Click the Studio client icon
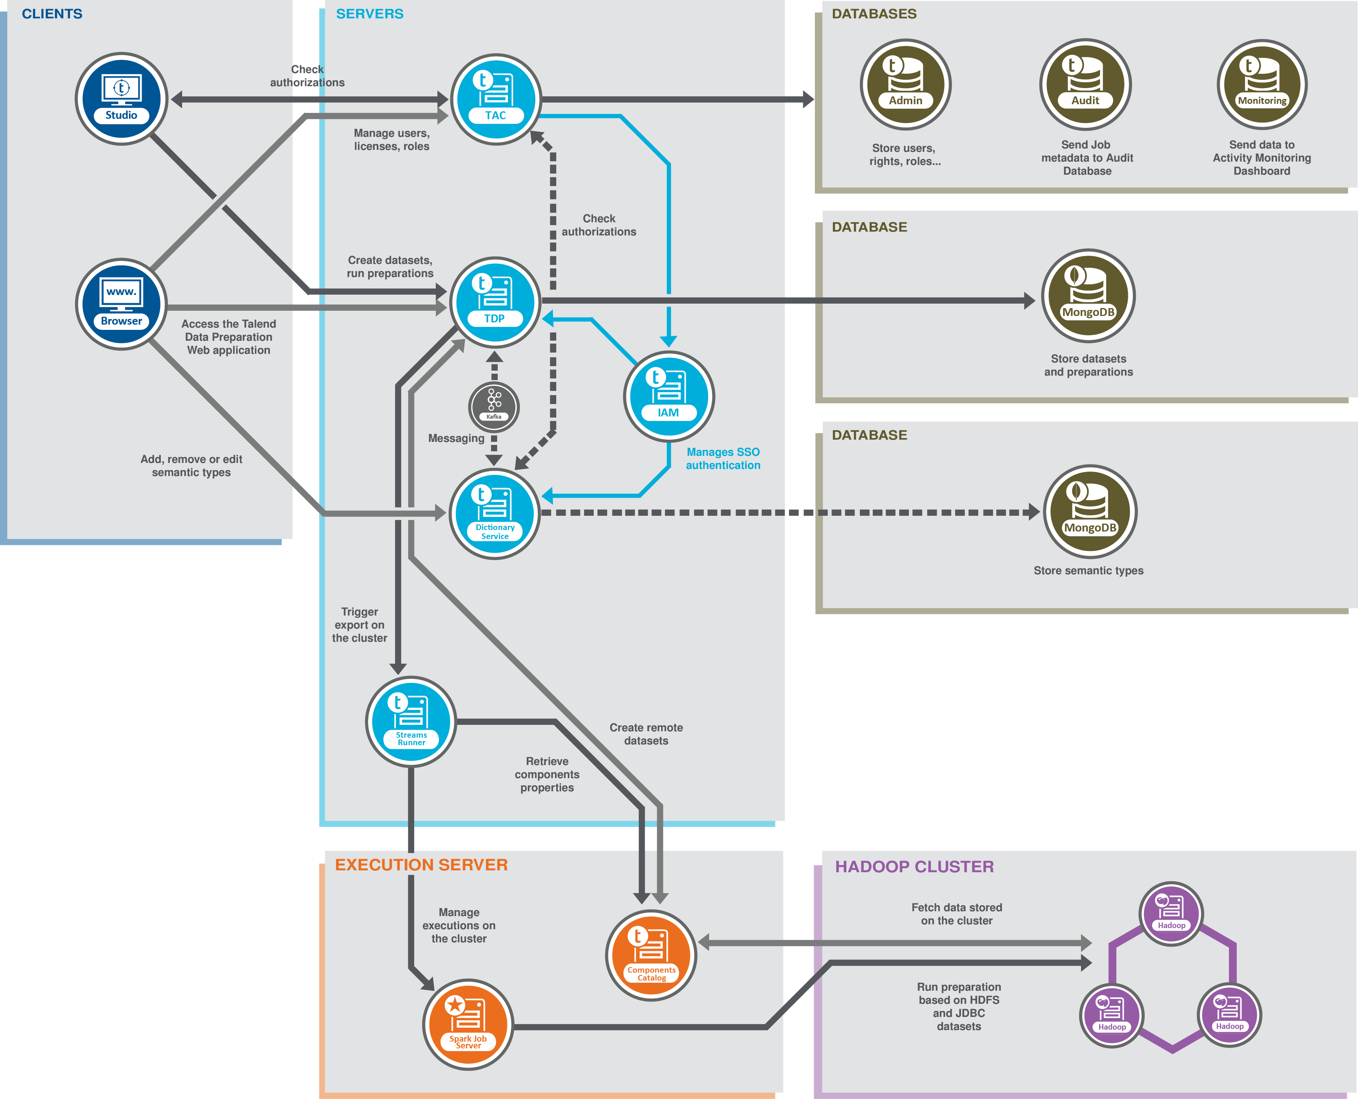pyautogui.click(x=121, y=99)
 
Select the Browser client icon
pyautogui.click(x=121, y=304)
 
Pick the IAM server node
pyautogui.click(x=669, y=396)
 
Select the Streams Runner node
pyautogui.click(x=411, y=722)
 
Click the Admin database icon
pyautogui.click(x=905, y=84)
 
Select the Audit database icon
pyautogui.click(x=1085, y=84)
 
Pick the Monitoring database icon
pyautogui.click(x=1262, y=84)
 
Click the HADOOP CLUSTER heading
pyautogui.click(x=914, y=867)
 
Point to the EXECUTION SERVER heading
pyautogui.click(x=421, y=865)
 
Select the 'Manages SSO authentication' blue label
pyautogui.click(x=723, y=458)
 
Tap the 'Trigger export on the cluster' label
pyautogui.click(x=359, y=625)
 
